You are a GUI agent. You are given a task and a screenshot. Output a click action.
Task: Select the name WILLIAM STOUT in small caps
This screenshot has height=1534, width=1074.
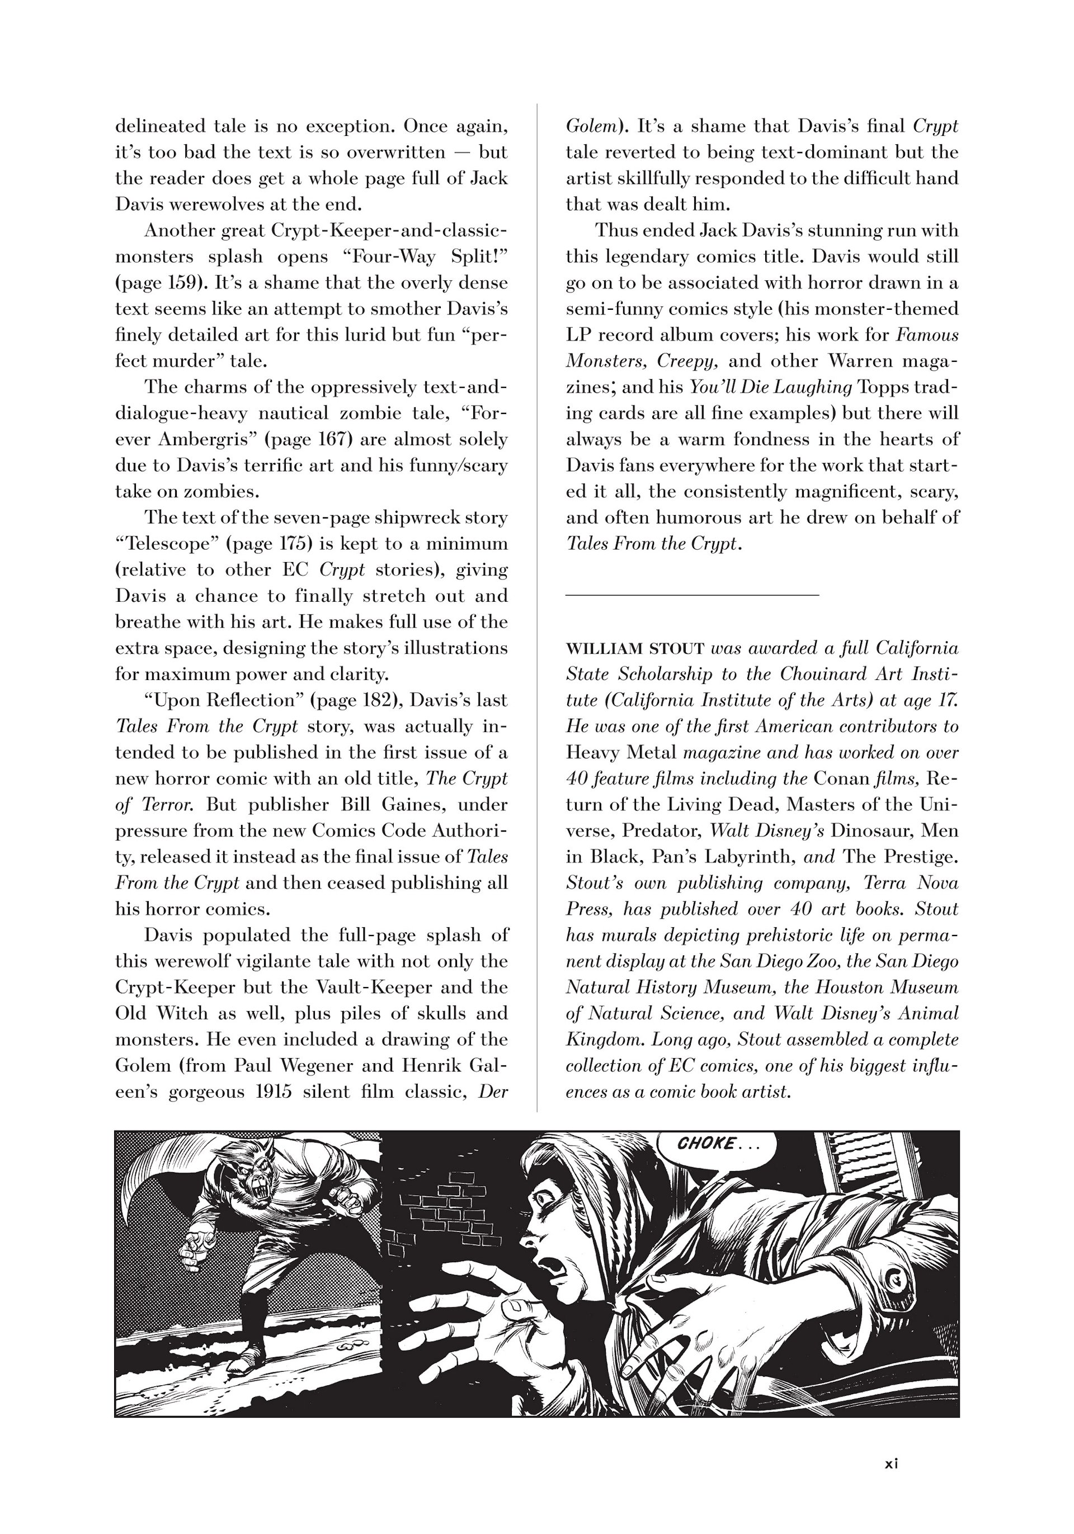click(635, 648)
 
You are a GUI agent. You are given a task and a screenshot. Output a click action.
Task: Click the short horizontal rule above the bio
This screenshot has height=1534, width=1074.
click(692, 593)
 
